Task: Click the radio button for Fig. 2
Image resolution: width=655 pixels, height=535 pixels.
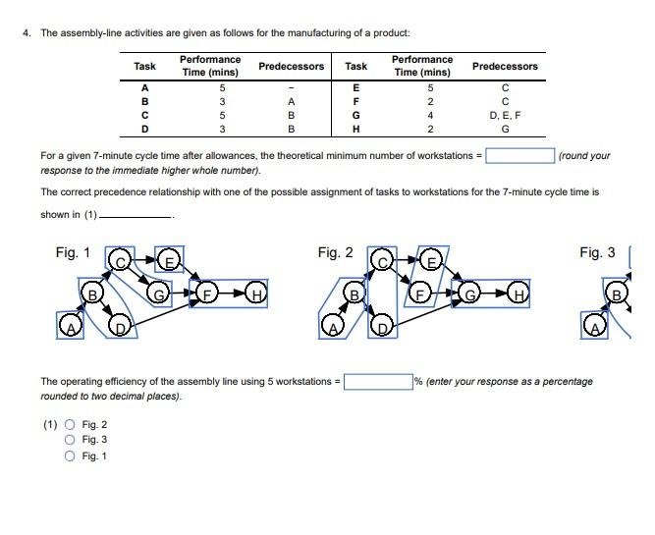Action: point(69,424)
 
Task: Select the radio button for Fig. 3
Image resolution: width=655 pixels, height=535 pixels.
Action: point(69,440)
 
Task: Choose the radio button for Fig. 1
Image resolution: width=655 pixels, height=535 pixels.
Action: point(69,455)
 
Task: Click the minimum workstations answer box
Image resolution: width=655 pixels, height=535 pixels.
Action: point(520,155)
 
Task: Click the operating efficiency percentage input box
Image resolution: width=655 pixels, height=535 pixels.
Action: point(376,381)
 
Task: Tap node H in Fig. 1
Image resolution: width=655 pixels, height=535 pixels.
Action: point(257,293)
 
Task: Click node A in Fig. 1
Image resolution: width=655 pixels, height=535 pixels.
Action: point(69,325)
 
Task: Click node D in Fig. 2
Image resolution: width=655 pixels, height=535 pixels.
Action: point(384,325)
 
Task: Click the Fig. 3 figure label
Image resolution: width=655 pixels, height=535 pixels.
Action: point(597,253)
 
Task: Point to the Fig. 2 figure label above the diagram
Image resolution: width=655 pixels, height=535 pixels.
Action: point(335,253)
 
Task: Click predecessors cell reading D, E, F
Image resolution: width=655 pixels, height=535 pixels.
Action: point(505,114)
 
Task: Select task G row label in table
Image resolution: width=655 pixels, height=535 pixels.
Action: point(355,114)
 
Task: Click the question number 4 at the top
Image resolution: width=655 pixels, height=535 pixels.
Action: point(27,32)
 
